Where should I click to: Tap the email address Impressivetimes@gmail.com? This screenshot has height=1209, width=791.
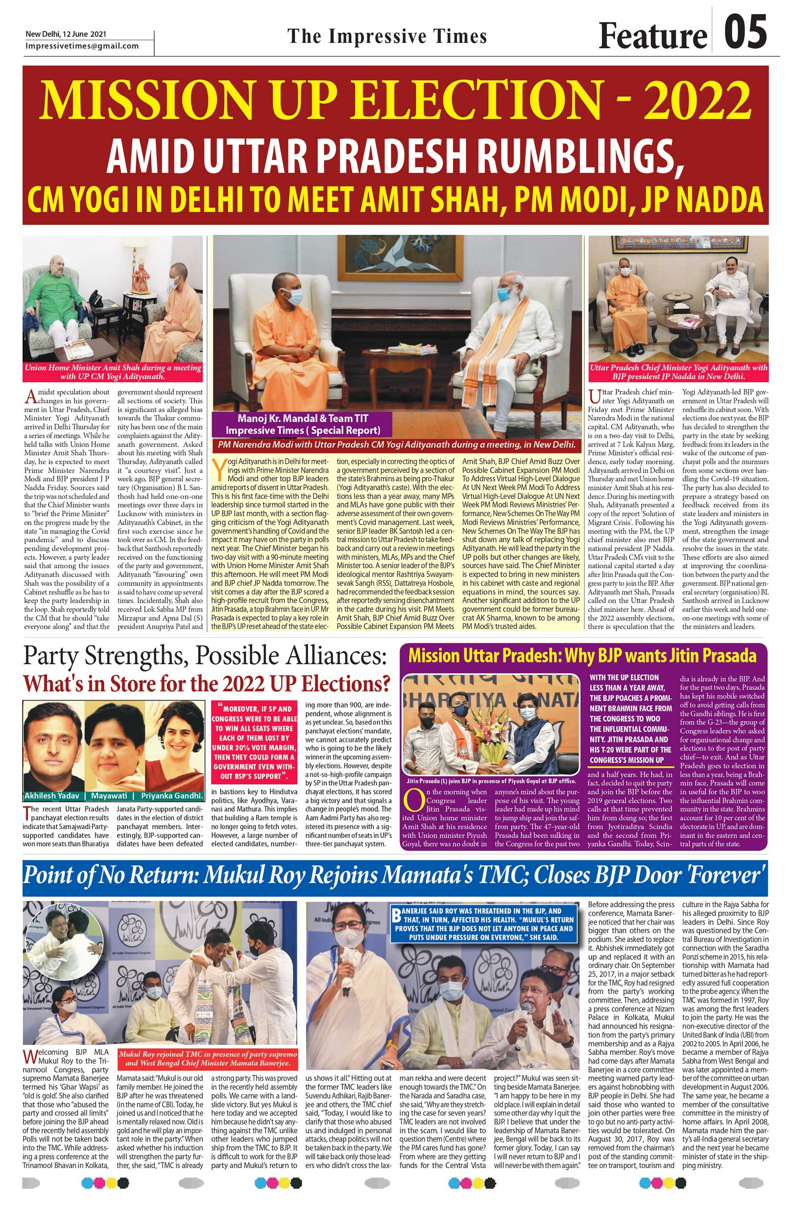pyautogui.click(x=82, y=46)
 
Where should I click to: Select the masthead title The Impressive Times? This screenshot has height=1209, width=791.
pyautogui.click(x=387, y=36)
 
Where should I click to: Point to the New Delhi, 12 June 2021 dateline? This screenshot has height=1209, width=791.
pyautogui.click(x=66, y=35)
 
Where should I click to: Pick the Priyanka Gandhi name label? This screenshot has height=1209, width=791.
pyautogui.click(x=172, y=796)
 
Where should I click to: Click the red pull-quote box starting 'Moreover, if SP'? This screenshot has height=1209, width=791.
pyautogui.click(x=254, y=742)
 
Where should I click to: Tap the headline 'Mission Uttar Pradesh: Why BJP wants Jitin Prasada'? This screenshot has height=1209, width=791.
pyautogui.click(x=582, y=655)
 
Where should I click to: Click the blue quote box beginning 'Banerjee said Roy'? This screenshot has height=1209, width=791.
pyautogui.click(x=484, y=923)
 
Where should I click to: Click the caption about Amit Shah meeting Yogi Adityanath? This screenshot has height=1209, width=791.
pyautogui.click(x=113, y=372)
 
